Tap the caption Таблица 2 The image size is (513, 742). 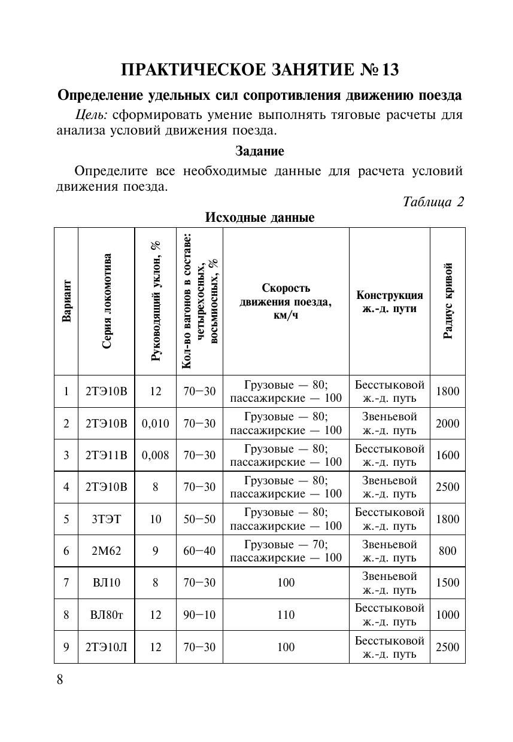click(433, 202)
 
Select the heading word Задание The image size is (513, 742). click(259, 151)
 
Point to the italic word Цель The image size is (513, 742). click(92, 115)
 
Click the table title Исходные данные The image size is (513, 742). click(259, 218)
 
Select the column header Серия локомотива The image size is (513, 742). click(107, 301)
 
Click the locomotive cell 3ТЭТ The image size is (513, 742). click(106, 519)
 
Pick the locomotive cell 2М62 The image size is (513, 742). click(106, 551)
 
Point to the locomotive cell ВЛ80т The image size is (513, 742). click(106, 615)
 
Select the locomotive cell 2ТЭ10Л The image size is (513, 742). click(106, 647)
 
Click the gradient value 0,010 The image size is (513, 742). click(155, 423)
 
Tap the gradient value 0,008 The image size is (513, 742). click(155, 455)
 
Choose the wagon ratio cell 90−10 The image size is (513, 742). click(199, 615)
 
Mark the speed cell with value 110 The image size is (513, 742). click(286, 615)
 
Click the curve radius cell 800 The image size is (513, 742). click(447, 551)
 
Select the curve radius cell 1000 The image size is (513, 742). click(447, 615)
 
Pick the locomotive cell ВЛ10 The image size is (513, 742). click(106, 582)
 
